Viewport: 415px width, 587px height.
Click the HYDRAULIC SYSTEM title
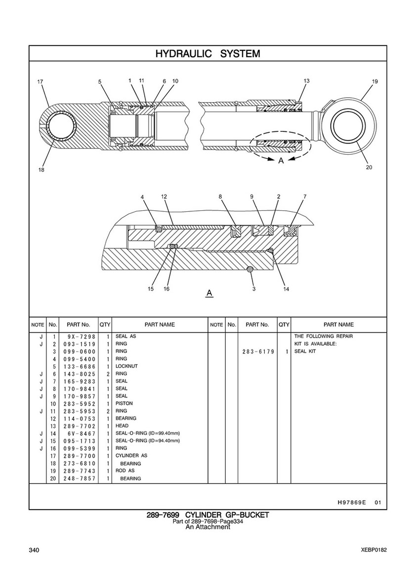pyautogui.click(x=207, y=53)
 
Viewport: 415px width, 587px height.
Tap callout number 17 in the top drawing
pyautogui.click(x=40, y=81)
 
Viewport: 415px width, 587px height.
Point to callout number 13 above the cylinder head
pyautogui.click(x=306, y=81)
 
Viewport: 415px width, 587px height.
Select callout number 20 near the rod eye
pyautogui.click(x=369, y=167)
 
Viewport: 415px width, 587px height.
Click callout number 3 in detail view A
pyautogui.click(x=254, y=289)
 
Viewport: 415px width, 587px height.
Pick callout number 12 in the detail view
pyautogui.click(x=164, y=196)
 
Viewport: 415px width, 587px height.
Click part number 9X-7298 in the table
pyautogui.click(x=80, y=337)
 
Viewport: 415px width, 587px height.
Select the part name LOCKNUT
pyautogui.click(x=126, y=366)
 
